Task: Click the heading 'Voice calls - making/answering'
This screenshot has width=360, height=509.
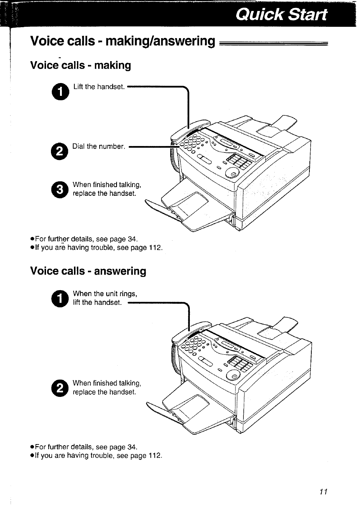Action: click(x=123, y=41)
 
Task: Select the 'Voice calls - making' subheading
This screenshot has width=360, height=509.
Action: click(x=80, y=65)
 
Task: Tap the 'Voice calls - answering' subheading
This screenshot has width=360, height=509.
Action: click(x=88, y=271)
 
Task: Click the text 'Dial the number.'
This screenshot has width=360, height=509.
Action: click(x=98, y=146)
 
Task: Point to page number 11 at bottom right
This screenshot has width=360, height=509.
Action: click(x=323, y=492)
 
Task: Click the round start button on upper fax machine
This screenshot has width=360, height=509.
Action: click(x=232, y=173)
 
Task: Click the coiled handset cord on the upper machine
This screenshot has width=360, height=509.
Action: click(x=174, y=158)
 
